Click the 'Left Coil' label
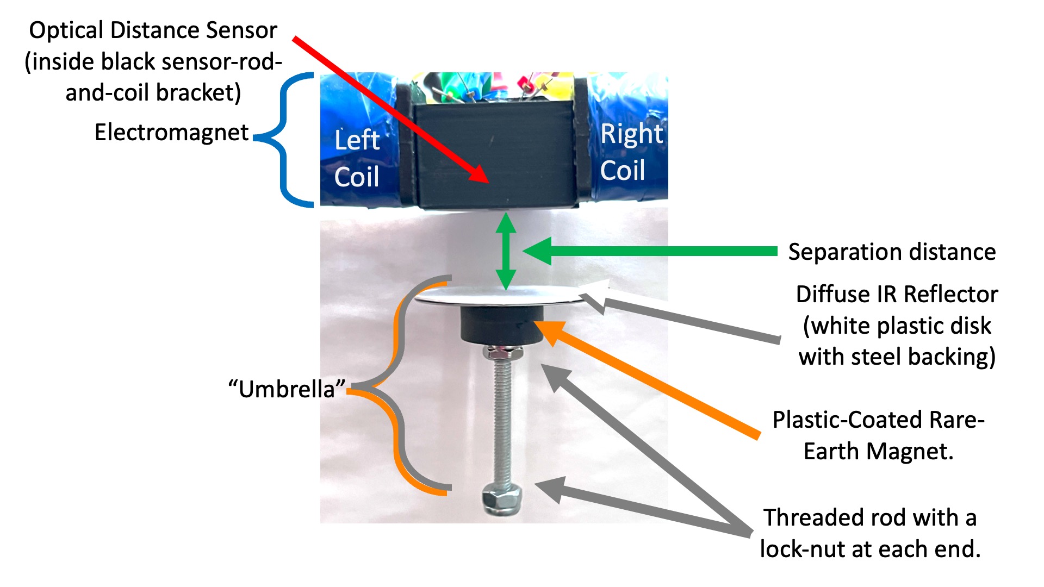(357, 158)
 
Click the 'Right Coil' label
(631, 152)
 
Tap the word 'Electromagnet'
(171, 133)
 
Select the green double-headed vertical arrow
(506, 251)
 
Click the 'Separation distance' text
(892, 252)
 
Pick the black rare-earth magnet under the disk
(501, 324)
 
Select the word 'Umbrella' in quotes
(287, 389)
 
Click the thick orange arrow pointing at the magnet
(652, 380)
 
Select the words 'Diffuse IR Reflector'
(897, 295)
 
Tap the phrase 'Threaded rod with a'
(869, 518)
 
